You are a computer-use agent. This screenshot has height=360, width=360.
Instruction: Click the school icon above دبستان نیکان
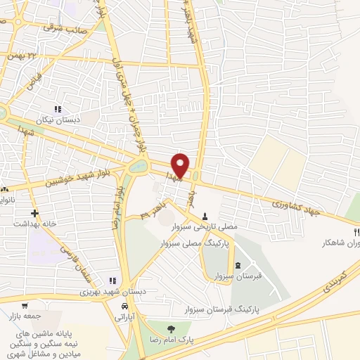pos(58,109)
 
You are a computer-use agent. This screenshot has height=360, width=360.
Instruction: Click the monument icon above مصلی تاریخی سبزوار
pos(205,216)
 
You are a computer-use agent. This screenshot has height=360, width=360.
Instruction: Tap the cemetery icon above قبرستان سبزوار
pos(238,265)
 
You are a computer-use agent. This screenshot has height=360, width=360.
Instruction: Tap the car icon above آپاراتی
pos(124,307)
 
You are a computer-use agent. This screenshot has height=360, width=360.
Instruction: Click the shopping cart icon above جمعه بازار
pos(25,306)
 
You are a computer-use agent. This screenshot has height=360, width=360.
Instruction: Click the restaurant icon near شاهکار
pos(356,232)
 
